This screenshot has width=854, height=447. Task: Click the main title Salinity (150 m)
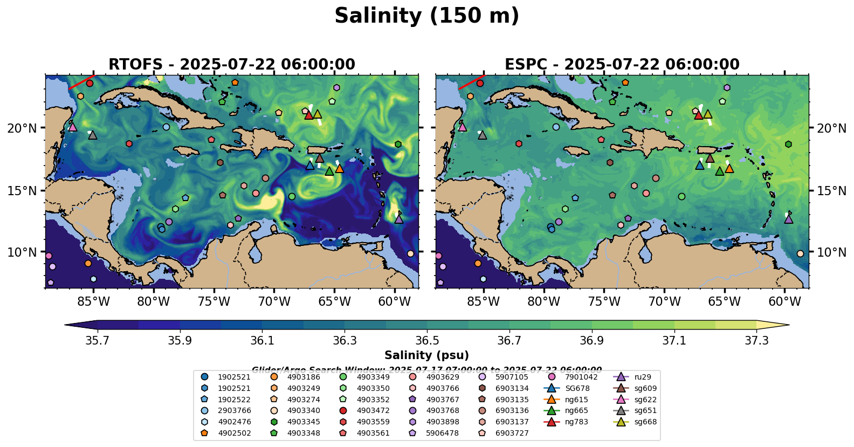click(426, 16)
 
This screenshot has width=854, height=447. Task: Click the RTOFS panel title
click(232, 64)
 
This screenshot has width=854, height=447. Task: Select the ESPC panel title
click(622, 64)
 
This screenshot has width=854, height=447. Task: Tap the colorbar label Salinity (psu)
click(426, 355)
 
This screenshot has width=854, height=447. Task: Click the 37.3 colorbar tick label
click(756, 341)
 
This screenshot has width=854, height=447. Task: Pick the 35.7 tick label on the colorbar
click(98, 341)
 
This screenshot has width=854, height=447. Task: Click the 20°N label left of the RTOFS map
click(22, 128)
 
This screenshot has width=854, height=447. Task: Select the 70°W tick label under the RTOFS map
click(274, 301)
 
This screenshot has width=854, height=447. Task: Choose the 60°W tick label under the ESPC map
click(784, 301)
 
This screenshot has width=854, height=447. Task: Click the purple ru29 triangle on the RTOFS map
click(398, 219)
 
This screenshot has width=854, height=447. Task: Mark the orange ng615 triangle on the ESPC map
click(729, 169)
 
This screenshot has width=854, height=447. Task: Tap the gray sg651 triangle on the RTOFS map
click(92, 135)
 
